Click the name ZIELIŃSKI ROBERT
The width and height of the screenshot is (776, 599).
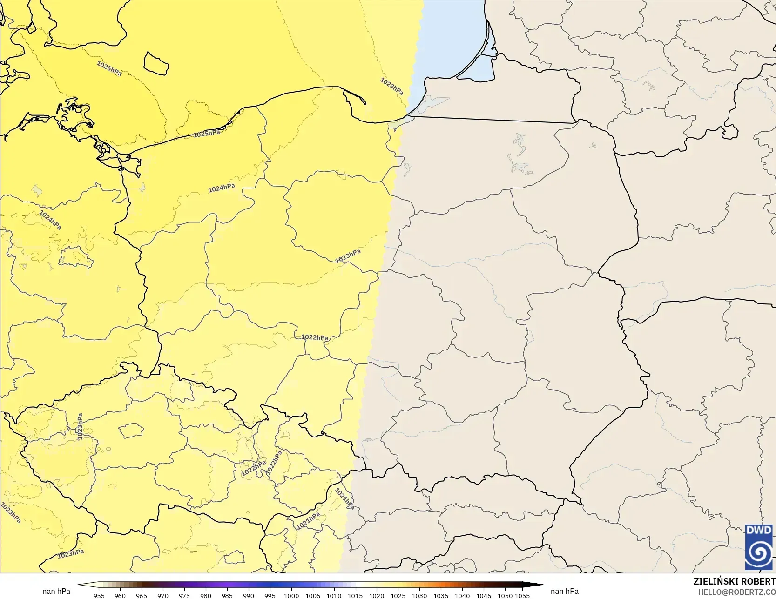coord(734,581)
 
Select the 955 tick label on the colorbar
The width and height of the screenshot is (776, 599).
coord(99,596)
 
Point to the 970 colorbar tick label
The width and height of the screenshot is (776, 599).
coord(163,596)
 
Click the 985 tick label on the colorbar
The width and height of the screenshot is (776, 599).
coord(227,596)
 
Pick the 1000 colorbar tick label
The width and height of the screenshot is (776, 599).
coord(291,596)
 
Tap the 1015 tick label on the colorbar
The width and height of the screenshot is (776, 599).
coord(355,596)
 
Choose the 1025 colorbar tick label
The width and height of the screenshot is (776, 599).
coord(398,596)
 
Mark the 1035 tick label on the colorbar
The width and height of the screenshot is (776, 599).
coord(441,596)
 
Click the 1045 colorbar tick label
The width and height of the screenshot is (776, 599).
coord(484,596)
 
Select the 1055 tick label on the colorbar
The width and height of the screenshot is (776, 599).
coord(523,596)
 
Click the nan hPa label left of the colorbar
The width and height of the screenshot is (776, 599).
coord(56,591)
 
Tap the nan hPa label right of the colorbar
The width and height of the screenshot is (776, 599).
coord(565,591)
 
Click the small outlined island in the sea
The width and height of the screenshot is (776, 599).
coord(156,63)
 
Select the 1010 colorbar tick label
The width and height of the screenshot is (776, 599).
coord(334,596)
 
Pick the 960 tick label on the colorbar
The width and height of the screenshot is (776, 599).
coord(120,596)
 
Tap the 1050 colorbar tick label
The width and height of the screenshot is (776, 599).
coord(505,596)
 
